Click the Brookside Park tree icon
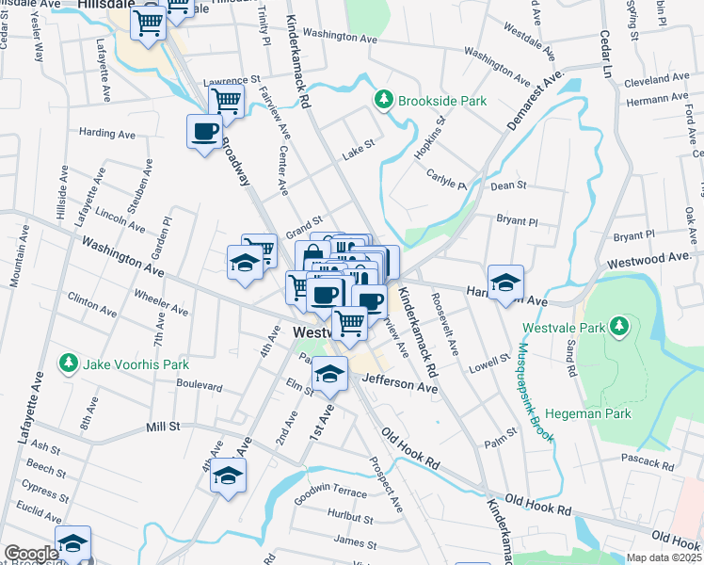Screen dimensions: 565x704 pos(384,98)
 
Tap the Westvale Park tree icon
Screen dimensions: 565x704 pos(619,327)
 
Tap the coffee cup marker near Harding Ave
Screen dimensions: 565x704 pos(204,132)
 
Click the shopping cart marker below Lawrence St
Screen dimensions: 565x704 pos(226,100)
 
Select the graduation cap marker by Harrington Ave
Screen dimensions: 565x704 pos(505,282)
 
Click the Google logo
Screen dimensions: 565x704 pos(30,554)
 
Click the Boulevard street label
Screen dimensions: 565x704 pos(199,386)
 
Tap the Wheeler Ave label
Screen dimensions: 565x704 pos(162,303)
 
